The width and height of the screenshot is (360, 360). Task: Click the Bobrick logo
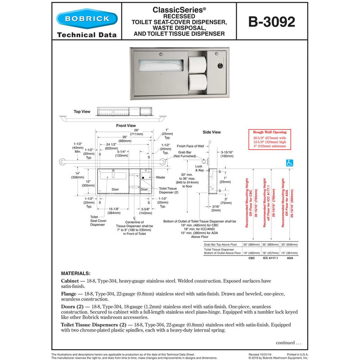[x=87, y=19]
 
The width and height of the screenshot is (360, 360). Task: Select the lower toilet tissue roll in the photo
[x=197, y=82]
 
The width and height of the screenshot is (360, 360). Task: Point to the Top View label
[x=82, y=111]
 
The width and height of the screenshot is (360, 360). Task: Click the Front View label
[x=126, y=126]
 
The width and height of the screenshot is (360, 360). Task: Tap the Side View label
[x=211, y=132]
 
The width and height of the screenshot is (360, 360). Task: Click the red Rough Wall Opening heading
[x=270, y=132]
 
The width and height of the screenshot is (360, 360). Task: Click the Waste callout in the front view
[x=161, y=177]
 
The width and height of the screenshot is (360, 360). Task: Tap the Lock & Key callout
[x=199, y=169]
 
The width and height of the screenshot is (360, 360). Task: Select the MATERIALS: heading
[x=76, y=273]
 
